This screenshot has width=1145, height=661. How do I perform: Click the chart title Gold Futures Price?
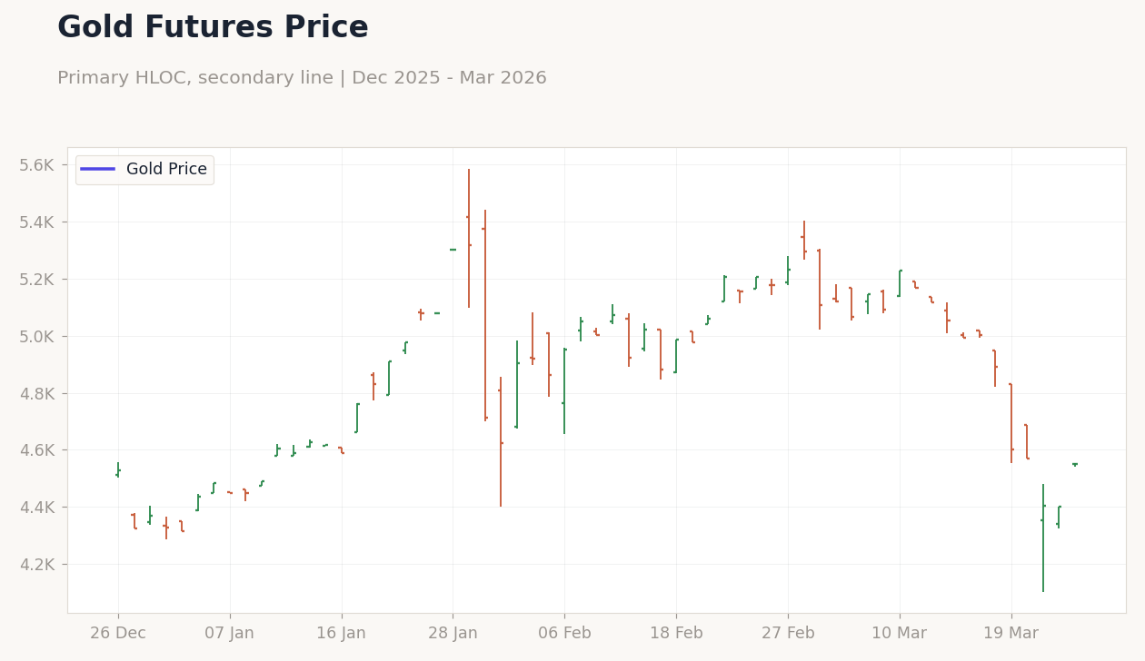pos(213,28)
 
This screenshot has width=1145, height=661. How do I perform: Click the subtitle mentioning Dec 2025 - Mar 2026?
pos(302,78)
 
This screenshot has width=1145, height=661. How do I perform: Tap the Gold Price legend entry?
pos(144,170)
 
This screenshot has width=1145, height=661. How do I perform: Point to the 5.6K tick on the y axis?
pos(37,165)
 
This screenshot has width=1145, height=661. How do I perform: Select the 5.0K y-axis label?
pos(37,337)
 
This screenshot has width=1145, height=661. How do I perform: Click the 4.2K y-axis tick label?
pos(37,565)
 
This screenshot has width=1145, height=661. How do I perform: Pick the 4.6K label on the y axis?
pos(37,450)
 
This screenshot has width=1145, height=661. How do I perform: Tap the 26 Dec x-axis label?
pos(118,634)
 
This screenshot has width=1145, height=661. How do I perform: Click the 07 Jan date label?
pos(230,634)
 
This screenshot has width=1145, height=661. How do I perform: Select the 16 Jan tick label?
pos(342,634)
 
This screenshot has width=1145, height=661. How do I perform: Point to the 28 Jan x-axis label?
pos(453,634)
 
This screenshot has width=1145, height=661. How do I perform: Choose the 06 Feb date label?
pos(564,634)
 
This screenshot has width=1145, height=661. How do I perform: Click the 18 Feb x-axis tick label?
pos(676,634)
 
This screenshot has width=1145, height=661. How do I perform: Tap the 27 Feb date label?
pos(788,634)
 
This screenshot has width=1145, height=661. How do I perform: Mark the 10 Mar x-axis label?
pos(900,634)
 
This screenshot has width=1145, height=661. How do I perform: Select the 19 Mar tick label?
pos(1011,634)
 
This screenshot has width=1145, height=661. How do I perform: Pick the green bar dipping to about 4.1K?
pos(1043,536)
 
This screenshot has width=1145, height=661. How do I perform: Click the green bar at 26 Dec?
pos(118,469)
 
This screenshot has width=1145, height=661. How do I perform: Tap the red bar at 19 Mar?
pos(1011,423)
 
